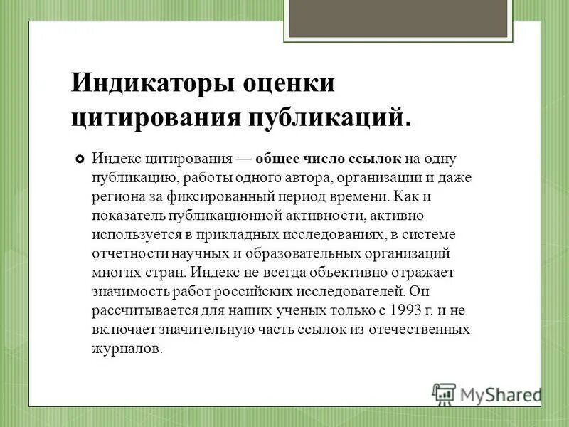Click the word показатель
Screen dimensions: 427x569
127,215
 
